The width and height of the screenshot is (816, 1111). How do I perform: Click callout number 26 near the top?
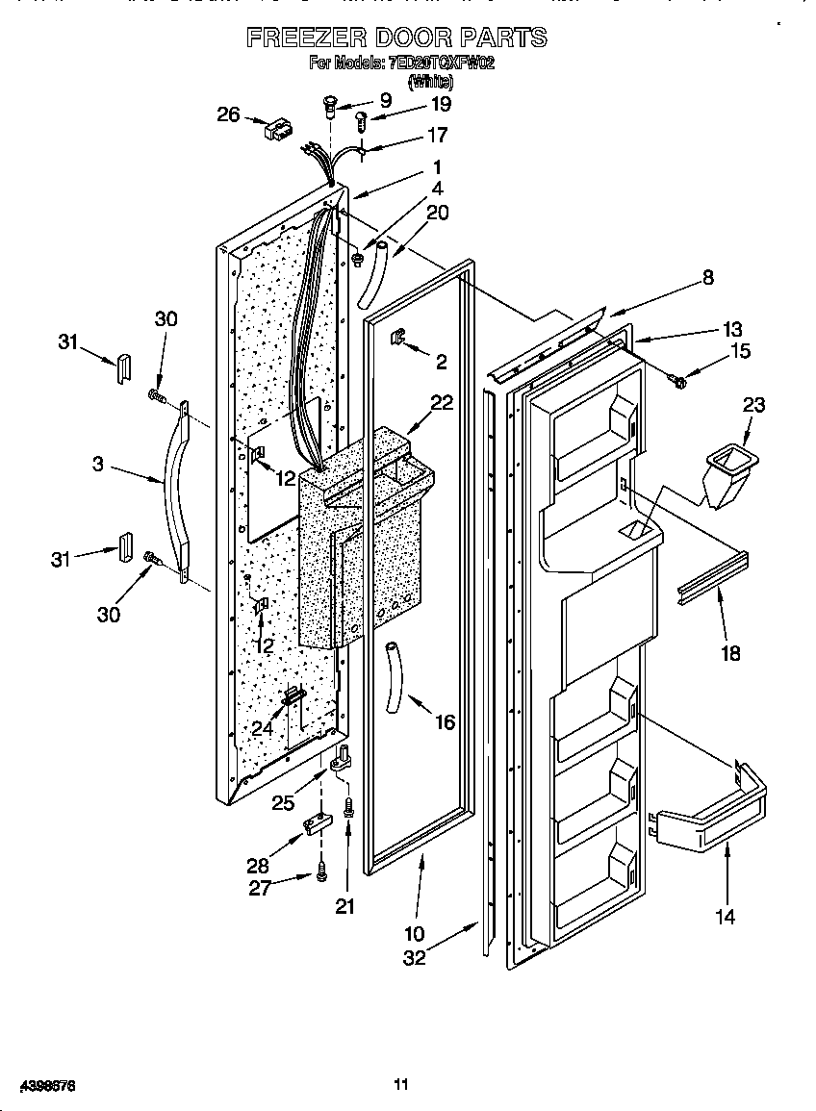pos(228,114)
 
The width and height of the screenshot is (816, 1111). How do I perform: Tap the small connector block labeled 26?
pos(278,130)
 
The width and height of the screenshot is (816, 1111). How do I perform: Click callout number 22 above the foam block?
pos(441,403)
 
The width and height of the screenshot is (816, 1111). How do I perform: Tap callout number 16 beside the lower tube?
pos(444,721)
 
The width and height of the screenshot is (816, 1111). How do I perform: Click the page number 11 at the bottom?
pos(401,1084)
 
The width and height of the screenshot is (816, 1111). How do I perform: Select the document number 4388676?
pos(39,1085)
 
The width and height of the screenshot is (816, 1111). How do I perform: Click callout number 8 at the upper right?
pos(707,277)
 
